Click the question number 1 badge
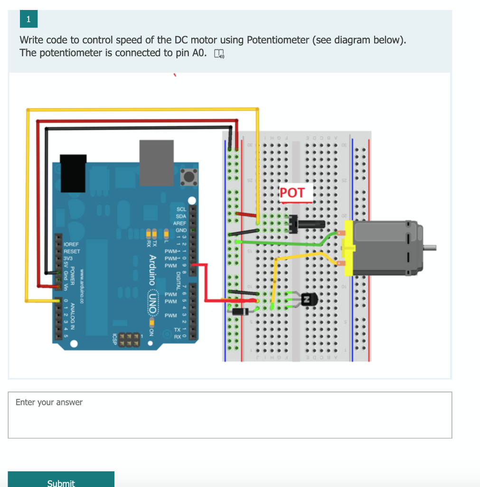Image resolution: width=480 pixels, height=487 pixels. tap(28, 19)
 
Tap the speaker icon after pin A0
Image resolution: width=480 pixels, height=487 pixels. tap(219, 54)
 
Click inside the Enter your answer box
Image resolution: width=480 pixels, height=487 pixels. tap(230, 415)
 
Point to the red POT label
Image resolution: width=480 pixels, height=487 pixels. tap(292, 193)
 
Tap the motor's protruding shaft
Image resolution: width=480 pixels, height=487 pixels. tap(429, 247)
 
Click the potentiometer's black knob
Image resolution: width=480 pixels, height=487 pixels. tap(312, 224)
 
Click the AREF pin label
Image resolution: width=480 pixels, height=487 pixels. tap(179, 223)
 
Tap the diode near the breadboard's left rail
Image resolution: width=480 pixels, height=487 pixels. tap(239, 312)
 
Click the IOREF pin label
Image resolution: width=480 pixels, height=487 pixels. tap(71, 244)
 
